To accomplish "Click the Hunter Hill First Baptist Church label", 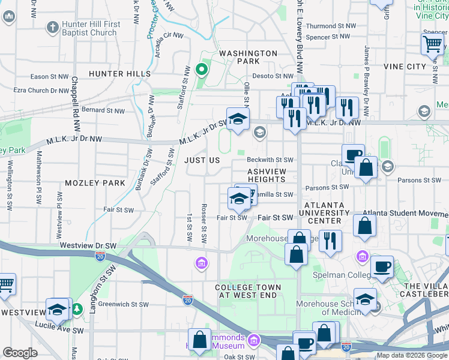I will pos(90,28).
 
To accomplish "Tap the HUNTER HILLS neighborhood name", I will pos(119,74).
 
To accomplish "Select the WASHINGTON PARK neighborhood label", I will pos(248,57).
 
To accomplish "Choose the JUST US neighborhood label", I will pos(202,161).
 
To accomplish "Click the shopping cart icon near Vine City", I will pos(432,44).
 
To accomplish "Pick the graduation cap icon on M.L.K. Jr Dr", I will pos(238,118).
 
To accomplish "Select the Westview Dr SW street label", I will pos(88,245).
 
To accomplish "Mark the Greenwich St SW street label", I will pos(124,304).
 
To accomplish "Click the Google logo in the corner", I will pos(20,353).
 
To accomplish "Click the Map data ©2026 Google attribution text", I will pos(412,355).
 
